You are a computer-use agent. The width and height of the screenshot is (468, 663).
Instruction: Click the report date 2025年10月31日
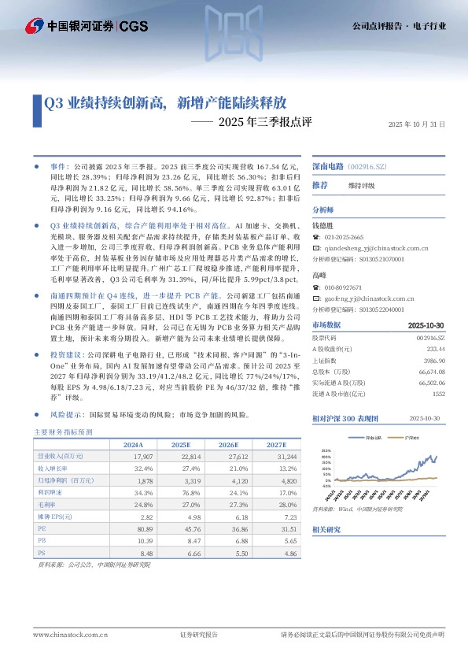coord(417,124)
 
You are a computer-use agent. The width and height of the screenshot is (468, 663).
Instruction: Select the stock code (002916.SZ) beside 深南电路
coord(367,168)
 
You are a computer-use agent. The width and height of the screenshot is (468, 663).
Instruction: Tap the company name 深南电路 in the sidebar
coord(329,168)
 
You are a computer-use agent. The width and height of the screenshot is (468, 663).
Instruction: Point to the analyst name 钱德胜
coord(325,225)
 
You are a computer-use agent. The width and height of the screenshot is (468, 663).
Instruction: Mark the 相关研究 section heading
coord(326,530)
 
